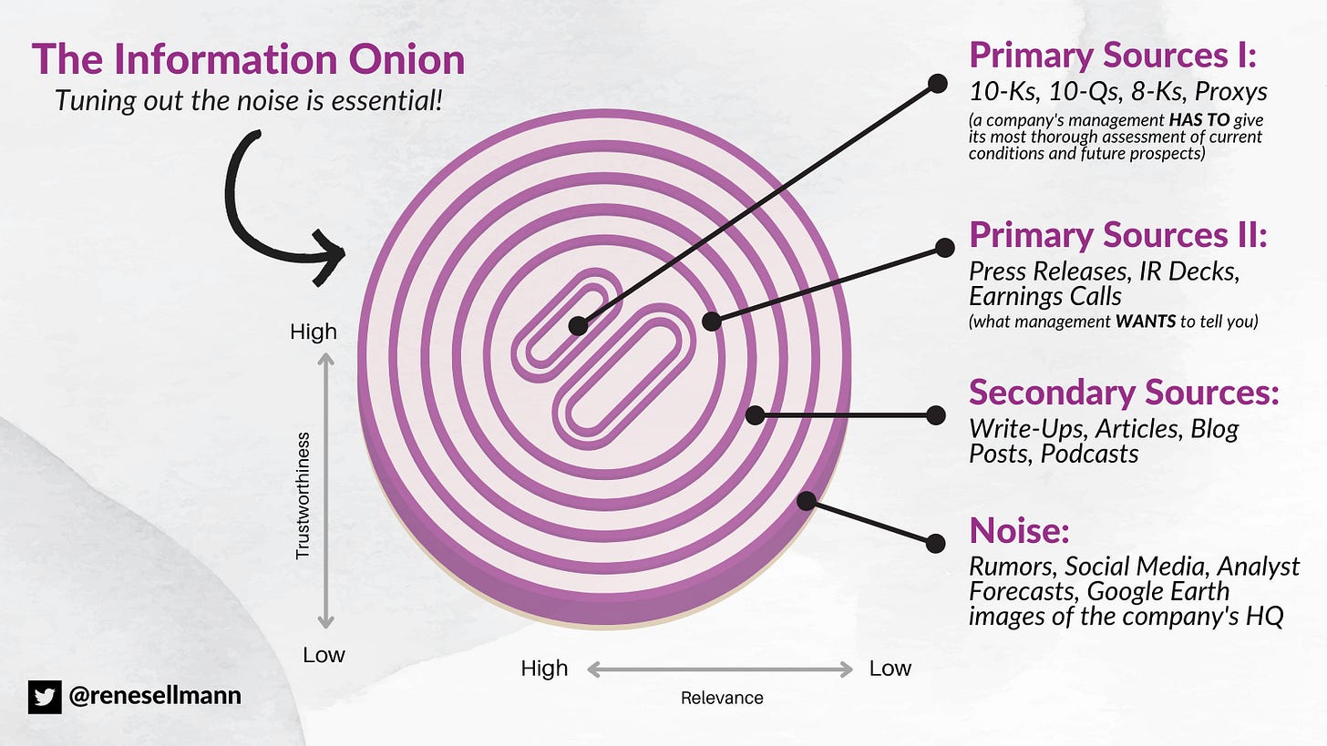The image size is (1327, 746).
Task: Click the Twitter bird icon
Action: click(44, 696)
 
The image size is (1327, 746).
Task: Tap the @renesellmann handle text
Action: click(155, 697)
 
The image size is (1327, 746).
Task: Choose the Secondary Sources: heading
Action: click(1124, 393)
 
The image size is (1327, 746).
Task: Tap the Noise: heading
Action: click(1019, 529)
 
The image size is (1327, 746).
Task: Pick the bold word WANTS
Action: click(1145, 322)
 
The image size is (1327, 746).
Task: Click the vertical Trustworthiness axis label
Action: click(303, 495)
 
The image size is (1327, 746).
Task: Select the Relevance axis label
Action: click(722, 699)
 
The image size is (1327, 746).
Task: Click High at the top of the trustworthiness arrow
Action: click(314, 332)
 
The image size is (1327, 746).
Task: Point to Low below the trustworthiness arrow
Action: click(324, 655)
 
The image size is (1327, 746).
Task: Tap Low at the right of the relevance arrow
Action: click(890, 669)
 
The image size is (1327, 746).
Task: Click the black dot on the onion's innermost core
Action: click(577, 325)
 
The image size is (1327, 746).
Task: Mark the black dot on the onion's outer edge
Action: click(806, 500)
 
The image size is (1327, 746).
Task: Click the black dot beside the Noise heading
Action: click(934, 544)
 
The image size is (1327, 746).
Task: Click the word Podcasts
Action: click(1089, 453)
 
